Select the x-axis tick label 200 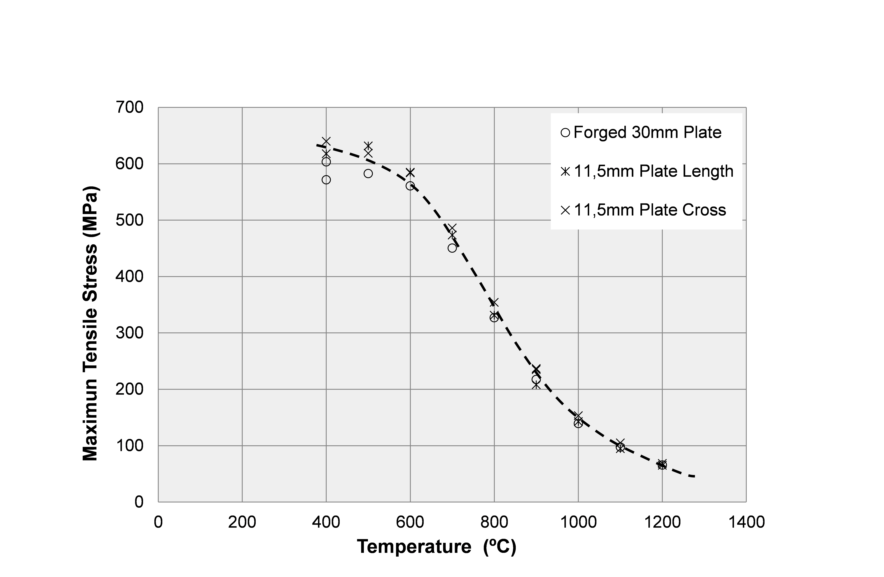point(242,522)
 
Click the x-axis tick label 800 point(494,522)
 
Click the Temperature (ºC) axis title point(436,547)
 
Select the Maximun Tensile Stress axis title point(90,323)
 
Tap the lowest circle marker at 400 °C point(326,180)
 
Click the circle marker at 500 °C point(368,173)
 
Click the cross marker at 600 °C point(410,172)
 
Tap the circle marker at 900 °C point(536,379)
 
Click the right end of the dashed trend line point(694,476)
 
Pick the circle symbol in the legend point(565,133)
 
